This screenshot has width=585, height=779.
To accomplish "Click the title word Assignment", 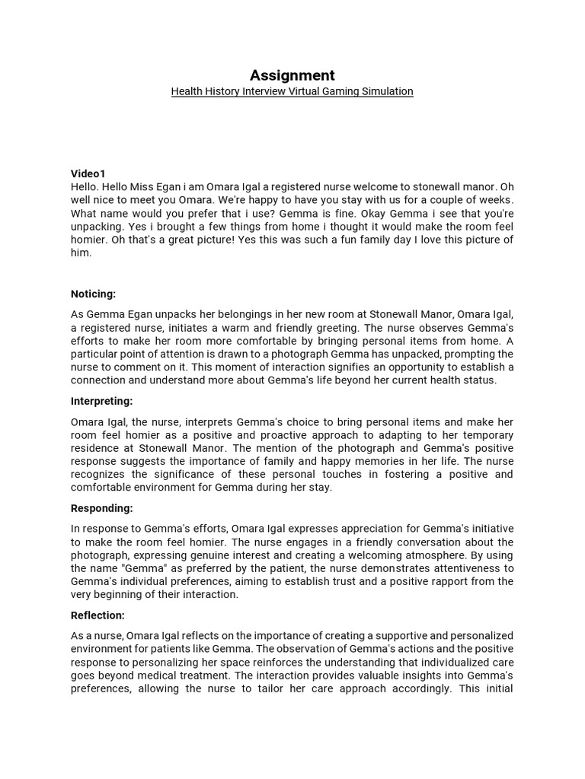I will click(292, 75).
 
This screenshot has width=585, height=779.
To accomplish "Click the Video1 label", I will click(88, 174).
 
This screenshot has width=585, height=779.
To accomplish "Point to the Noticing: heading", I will click(94, 294).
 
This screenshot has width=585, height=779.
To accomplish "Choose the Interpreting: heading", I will click(102, 401).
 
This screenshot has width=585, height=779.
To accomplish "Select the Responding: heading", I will click(102, 508).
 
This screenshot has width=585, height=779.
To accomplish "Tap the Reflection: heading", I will click(98, 615).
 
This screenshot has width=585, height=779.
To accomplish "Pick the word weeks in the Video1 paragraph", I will click(496, 201).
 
